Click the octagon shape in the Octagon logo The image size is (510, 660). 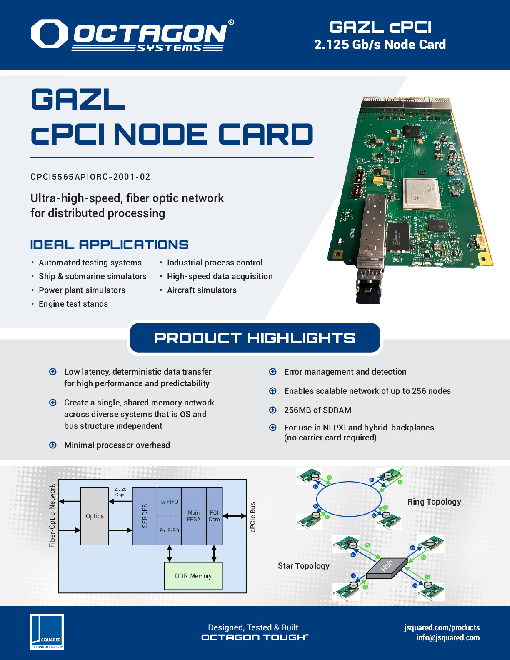coord(49,33)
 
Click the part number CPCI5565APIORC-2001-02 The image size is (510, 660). coord(90,177)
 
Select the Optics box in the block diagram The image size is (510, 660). coord(95,516)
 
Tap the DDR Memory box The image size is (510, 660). coord(193,576)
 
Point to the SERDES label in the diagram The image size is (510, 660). coord(145,516)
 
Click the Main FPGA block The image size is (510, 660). coord(194,516)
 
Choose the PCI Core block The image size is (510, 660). coord(214,516)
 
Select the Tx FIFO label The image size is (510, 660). coord(169,502)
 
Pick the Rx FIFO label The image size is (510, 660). coord(169,530)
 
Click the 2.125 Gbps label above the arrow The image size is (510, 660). coord(120,492)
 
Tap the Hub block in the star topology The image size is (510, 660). coord(387,567)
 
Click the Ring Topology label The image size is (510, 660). coord(434,502)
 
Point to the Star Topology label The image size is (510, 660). coord(303,566)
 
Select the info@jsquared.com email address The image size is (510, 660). coord(448,637)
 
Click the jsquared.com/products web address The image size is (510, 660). coord(442,627)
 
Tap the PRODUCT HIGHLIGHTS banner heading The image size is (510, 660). coord(255,338)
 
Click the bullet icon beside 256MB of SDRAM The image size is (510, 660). coord(273,410)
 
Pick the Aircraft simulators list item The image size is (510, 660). coord(202,290)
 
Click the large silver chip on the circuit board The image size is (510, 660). coord(422,194)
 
